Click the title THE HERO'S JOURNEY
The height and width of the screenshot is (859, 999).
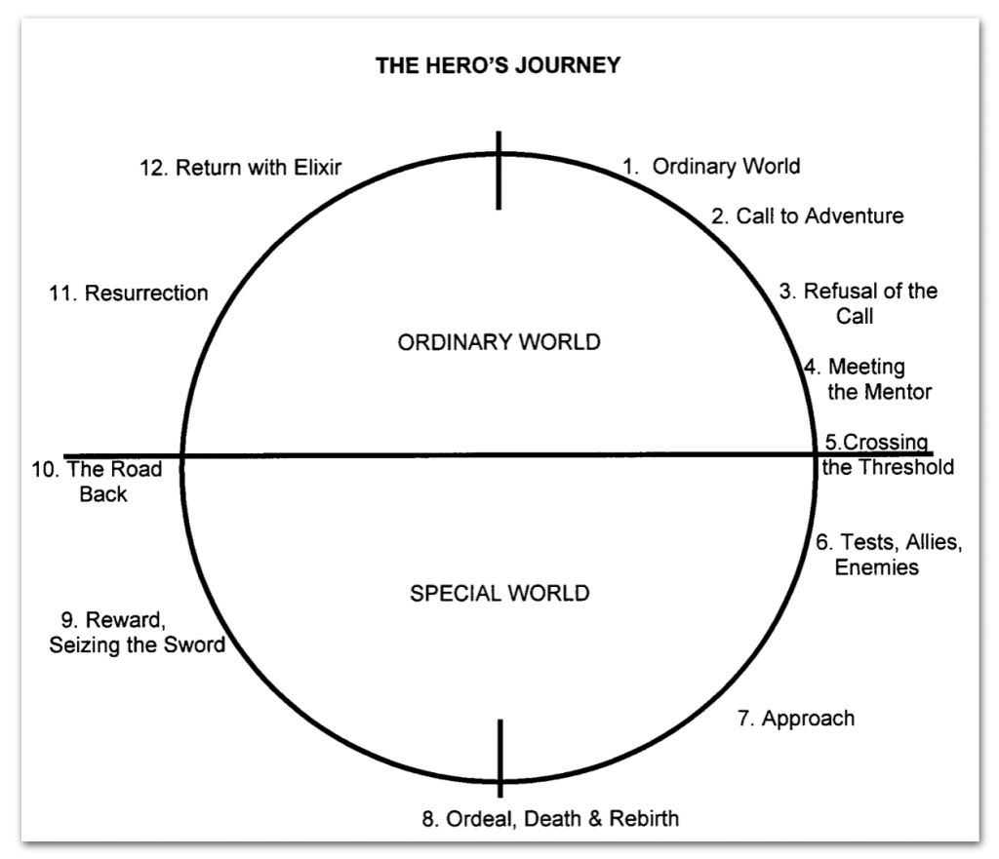click(499, 66)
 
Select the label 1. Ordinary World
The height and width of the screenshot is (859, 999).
click(711, 166)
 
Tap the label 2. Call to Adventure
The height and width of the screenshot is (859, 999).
click(807, 215)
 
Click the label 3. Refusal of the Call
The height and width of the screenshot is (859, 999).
click(858, 303)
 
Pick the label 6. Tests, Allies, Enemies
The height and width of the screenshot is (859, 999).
click(888, 555)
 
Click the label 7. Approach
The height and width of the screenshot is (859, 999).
click(795, 719)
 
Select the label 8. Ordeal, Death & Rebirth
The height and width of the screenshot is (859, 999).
click(550, 818)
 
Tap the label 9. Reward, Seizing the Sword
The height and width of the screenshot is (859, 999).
click(137, 632)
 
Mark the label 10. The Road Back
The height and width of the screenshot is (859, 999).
click(98, 482)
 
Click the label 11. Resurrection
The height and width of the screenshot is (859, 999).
click(128, 293)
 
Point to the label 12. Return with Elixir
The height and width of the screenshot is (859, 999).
click(240, 167)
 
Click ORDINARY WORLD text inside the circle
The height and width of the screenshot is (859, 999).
click(499, 342)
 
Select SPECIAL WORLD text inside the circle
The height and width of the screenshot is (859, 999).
click(499, 593)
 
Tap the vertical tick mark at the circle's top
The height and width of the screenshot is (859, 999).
click(499, 171)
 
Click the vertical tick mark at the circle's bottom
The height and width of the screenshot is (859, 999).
click(500, 758)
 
